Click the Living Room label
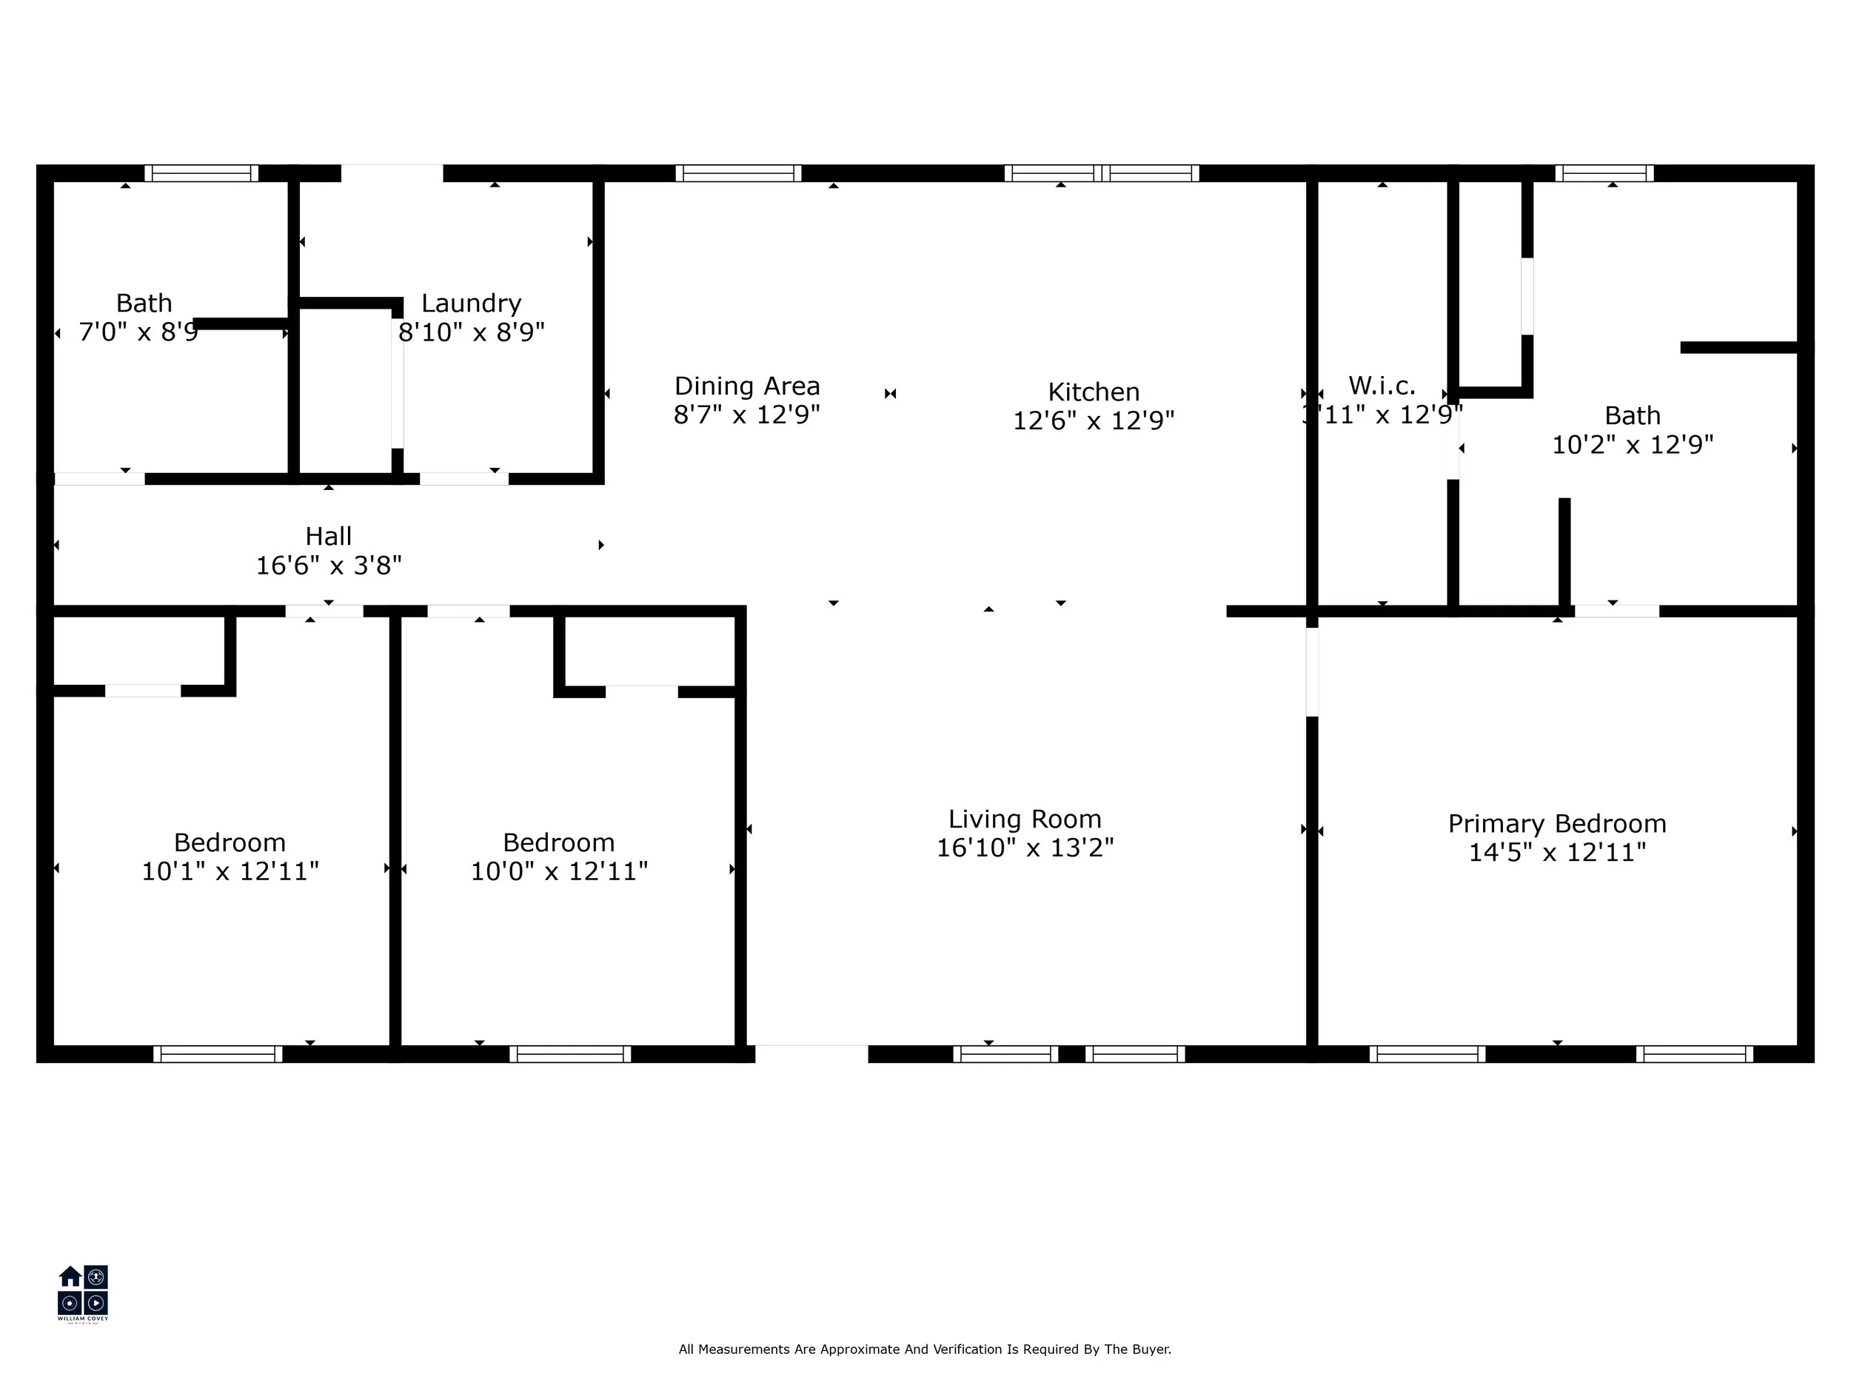tap(1024, 818)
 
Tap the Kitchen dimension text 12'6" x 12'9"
tap(1093, 420)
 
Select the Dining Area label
tap(746, 386)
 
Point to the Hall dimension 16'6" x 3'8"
tap(328, 566)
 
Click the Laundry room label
tap(471, 303)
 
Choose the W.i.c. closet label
tap(1382, 386)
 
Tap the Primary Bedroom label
tap(1556, 823)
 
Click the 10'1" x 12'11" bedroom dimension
tap(230, 871)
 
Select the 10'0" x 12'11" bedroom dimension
tap(558, 871)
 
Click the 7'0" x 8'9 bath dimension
tap(138, 332)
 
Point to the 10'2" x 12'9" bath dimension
tap(1632, 444)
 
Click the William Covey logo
tap(82, 1293)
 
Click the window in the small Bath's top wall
tap(201, 173)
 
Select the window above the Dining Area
tap(738, 173)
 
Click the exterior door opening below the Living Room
tap(811, 1053)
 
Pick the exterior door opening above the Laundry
tap(392, 173)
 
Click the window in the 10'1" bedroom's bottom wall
tap(218, 1053)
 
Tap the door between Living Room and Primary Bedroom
tap(1311, 672)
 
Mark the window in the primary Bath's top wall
tap(1603, 173)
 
